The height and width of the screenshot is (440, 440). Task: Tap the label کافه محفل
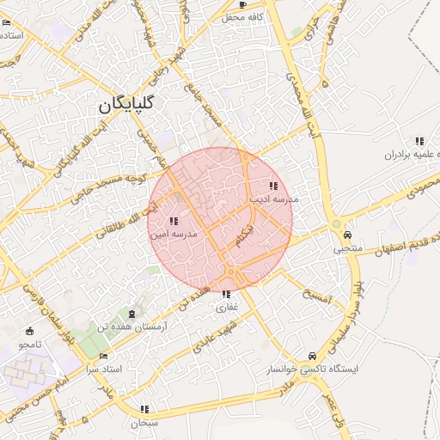(x=241, y=16)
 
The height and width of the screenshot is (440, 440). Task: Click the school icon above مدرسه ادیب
(x=273, y=186)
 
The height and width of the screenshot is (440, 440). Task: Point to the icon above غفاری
(x=226, y=294)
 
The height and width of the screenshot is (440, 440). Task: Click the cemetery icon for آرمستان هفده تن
(x=131, y=314)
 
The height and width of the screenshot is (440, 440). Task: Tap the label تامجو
(x=30, y=344)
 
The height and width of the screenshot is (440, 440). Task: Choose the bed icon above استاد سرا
(x=104, y=356)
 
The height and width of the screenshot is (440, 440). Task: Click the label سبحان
(x=144, y=423)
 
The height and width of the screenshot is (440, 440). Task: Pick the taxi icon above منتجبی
(x=347, y=235)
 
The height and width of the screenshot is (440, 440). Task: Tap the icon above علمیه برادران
(x=419, y=141)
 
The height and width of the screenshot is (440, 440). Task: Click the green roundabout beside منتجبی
(x=336, y=223)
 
